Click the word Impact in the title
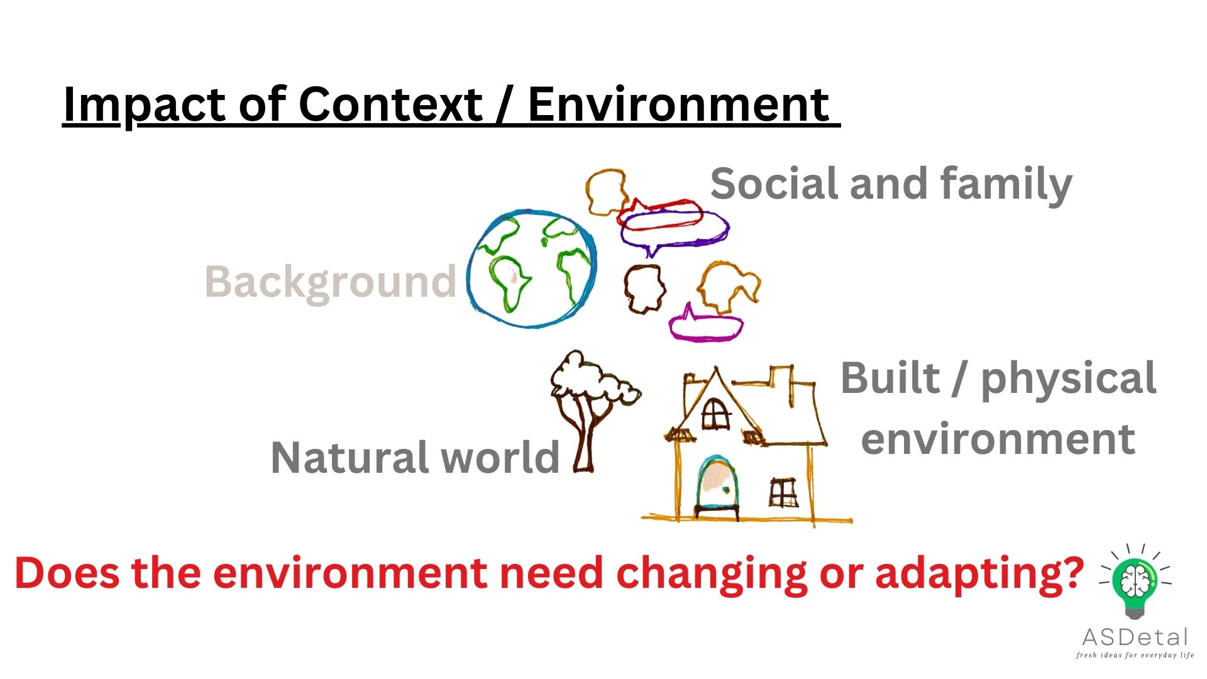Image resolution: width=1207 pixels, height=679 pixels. pos(145,104)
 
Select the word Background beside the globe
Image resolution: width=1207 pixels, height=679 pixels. pos(330,282)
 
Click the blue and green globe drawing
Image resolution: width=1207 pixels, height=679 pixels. pos(532,268)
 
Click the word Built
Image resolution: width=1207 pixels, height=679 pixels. pos(890,378)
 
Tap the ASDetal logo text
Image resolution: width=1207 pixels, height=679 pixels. pos(1135,638)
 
